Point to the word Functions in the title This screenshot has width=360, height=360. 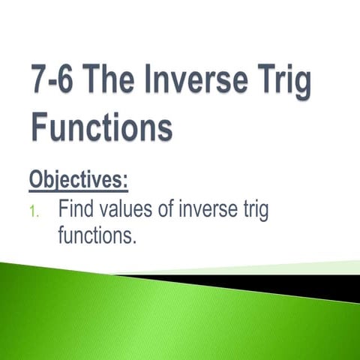pos(101,127)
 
